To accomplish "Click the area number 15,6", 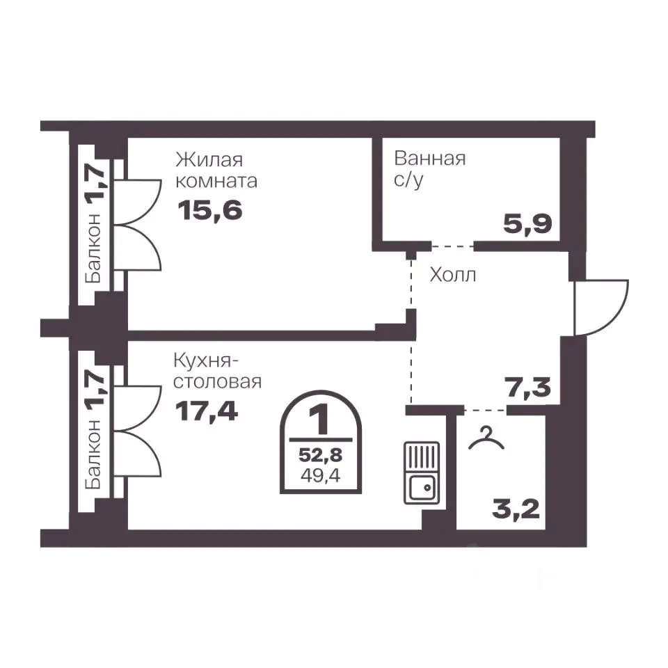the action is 210,210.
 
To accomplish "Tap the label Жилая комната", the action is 216,170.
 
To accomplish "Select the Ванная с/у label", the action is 430,169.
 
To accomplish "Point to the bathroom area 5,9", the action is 527,224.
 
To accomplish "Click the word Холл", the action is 452,275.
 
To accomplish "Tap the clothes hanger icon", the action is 486,438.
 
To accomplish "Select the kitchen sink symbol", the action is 422,473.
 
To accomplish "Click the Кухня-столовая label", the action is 217,372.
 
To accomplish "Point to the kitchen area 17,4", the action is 207,411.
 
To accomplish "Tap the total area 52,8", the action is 320,455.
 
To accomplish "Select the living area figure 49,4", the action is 320,475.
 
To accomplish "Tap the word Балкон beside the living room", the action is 93,248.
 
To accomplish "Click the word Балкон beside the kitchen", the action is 93,454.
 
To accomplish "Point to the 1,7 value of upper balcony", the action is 94,184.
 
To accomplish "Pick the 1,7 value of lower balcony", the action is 94,390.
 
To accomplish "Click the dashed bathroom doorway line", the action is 452,246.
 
